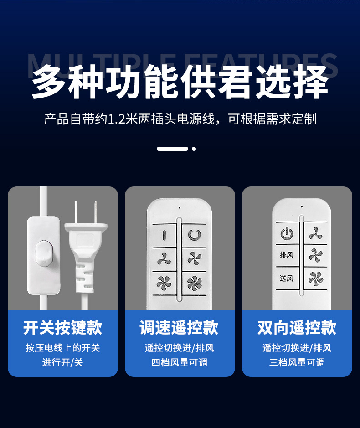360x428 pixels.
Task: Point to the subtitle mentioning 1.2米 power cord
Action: tap(180, 120)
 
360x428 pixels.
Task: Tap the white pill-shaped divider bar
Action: tap(172, 149)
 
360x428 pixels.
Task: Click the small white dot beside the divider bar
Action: tap(194, 149)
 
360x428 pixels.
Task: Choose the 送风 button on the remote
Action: tap(287, 278)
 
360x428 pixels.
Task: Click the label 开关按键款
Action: tap(63, 328)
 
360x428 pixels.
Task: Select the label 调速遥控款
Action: tap(180, 328)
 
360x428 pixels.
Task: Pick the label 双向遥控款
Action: tap(297, 328)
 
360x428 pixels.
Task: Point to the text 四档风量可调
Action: tap(180, 363)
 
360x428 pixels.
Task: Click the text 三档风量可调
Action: tap(297, 363)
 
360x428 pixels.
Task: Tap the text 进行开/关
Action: tap(63, 363)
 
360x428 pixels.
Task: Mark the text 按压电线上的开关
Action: tap(63, 348)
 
